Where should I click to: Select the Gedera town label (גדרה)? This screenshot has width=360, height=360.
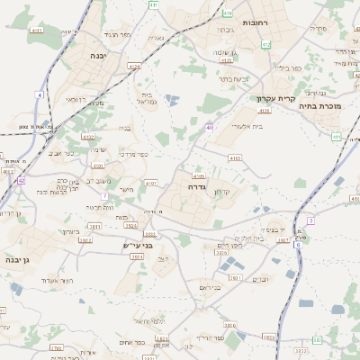tap(199, 186)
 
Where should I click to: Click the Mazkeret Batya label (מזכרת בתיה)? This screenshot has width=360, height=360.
tap(328, 106)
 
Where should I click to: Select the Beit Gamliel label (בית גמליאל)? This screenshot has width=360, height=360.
tap(150, 98)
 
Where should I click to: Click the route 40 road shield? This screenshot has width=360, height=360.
tap(209, 128)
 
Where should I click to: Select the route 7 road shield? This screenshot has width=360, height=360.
tap(104, 195)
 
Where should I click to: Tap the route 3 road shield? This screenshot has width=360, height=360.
tap(310, 220)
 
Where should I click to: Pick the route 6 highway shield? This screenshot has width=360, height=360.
tap(297, 245)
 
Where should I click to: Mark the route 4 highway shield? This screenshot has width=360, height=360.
tap(40, 94)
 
